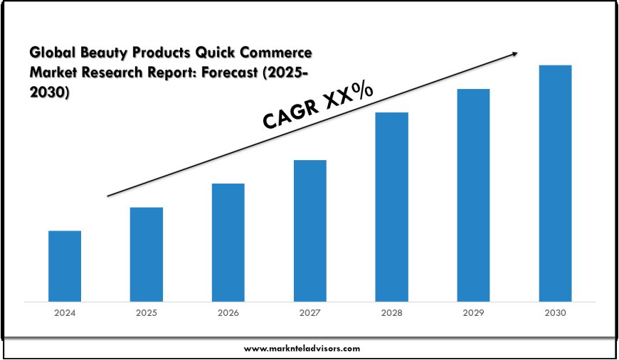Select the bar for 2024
coord(65,265)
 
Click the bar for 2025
coord(147,254)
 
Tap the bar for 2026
coord(228,242)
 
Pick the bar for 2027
coord(309,230)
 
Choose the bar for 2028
coord(391,206)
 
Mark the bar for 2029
coord(473,194)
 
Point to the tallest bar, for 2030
coord(555,183)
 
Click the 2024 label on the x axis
coord(65,313)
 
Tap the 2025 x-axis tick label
coord(147,313)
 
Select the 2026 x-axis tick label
coord(228,313)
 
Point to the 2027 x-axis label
coord(309,313)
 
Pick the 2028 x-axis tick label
coord(391,313)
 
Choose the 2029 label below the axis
coord(473,313)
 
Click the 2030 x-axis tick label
coord(555,313)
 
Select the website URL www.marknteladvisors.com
coord(302,349)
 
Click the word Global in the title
coord(52,53)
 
